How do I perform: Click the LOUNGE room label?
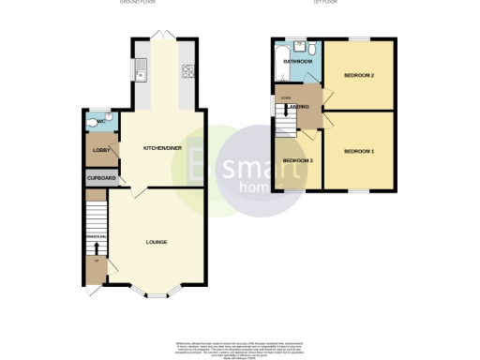pos(157,243)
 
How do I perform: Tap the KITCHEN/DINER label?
pos(161,149)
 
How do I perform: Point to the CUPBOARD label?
pos(100,178)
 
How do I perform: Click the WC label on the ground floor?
pos(102,121)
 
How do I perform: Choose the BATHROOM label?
pos(298,62)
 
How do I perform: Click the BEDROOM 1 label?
pos(358,151)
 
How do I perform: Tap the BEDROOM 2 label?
pos(358,74)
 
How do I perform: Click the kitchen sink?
pos(141,67)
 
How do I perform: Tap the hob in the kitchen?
pos(187,69)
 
